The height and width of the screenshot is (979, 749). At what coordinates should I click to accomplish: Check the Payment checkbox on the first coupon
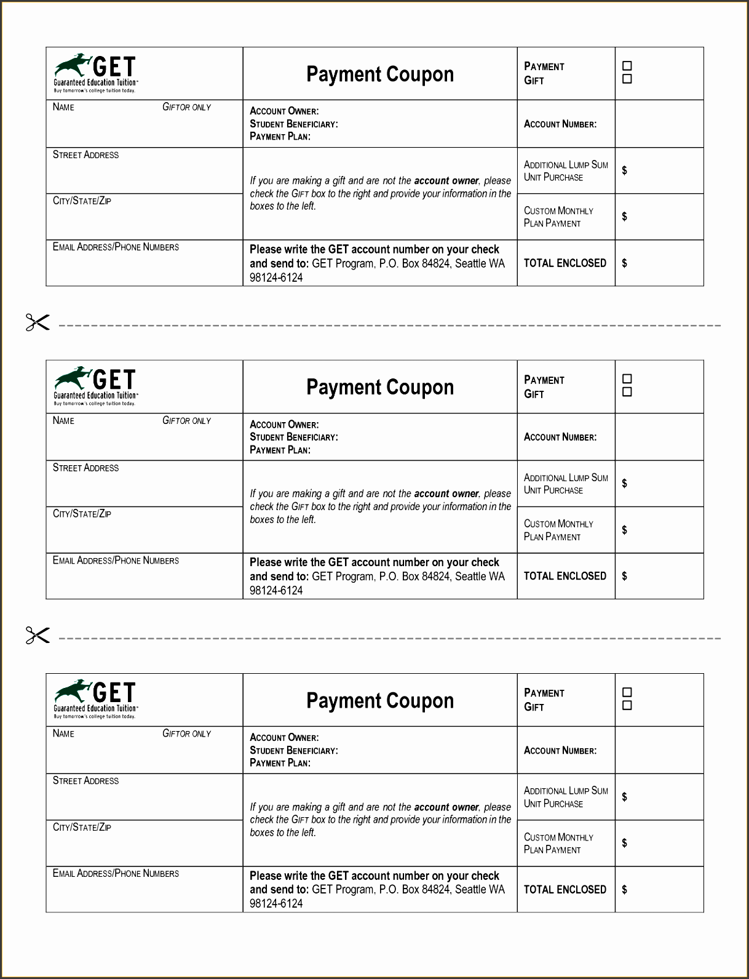click(627, 66)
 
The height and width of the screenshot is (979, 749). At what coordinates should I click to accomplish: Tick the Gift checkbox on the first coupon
click(627, 79)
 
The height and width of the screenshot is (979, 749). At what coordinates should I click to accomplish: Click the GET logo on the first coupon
click(95, 73)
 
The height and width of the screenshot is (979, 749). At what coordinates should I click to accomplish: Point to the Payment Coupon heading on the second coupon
click(380, 387)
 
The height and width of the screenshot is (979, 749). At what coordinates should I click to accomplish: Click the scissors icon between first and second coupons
click(37, 322)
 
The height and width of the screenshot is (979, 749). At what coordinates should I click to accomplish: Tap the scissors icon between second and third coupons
click(37, 635)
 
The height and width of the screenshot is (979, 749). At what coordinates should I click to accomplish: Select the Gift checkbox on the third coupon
click(627, 706)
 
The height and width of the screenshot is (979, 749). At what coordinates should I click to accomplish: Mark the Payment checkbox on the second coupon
click(627, 379)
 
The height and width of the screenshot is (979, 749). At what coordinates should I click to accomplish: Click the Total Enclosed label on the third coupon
click(565, 889)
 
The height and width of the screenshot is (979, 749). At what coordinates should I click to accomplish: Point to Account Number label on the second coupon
click(560, 437)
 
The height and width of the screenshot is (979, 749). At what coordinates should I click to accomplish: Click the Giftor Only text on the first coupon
click(186, 107)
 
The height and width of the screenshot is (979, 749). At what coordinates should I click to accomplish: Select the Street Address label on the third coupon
click(85, 781)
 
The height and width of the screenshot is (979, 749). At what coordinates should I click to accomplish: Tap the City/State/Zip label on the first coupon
click(82, 201)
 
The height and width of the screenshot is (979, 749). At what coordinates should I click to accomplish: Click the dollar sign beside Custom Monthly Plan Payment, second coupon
click(624, 530)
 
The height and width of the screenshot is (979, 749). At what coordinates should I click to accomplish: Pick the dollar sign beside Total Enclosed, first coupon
click(624, 263)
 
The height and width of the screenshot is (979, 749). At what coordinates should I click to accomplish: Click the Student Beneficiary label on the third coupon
click(293, 750)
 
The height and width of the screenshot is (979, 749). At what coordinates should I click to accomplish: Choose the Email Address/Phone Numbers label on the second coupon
click(116, 561)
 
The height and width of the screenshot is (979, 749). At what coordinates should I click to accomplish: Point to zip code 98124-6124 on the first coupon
click(276, 278)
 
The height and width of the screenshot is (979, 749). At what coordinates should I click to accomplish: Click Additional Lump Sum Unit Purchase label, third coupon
click(565, 797)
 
